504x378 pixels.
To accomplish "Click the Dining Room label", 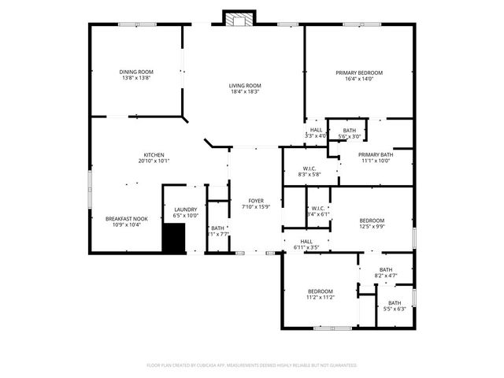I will tap(135, 72).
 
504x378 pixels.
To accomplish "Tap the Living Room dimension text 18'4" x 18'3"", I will tap(245, 92).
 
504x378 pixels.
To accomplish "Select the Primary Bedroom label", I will tap(359, 72).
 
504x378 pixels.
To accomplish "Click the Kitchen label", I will tap(153, 154).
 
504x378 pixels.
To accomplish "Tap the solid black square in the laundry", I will tap(173, 237).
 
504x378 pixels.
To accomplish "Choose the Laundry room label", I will tap(186, 209).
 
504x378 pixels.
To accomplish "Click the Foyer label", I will tap(256, 201).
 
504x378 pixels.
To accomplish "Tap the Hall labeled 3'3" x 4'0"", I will tap(316, 130).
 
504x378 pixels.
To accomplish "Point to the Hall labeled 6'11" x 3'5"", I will tap(306, 242).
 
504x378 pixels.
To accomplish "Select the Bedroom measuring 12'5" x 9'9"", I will tap(372, 220).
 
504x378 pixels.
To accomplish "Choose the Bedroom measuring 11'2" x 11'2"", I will tap(321, 291).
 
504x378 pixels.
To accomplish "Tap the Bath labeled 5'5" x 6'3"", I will tap(394, 303).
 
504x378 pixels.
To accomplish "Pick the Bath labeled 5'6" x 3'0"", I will tap(349, 131).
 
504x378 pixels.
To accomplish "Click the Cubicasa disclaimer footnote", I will tap(252, 365).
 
